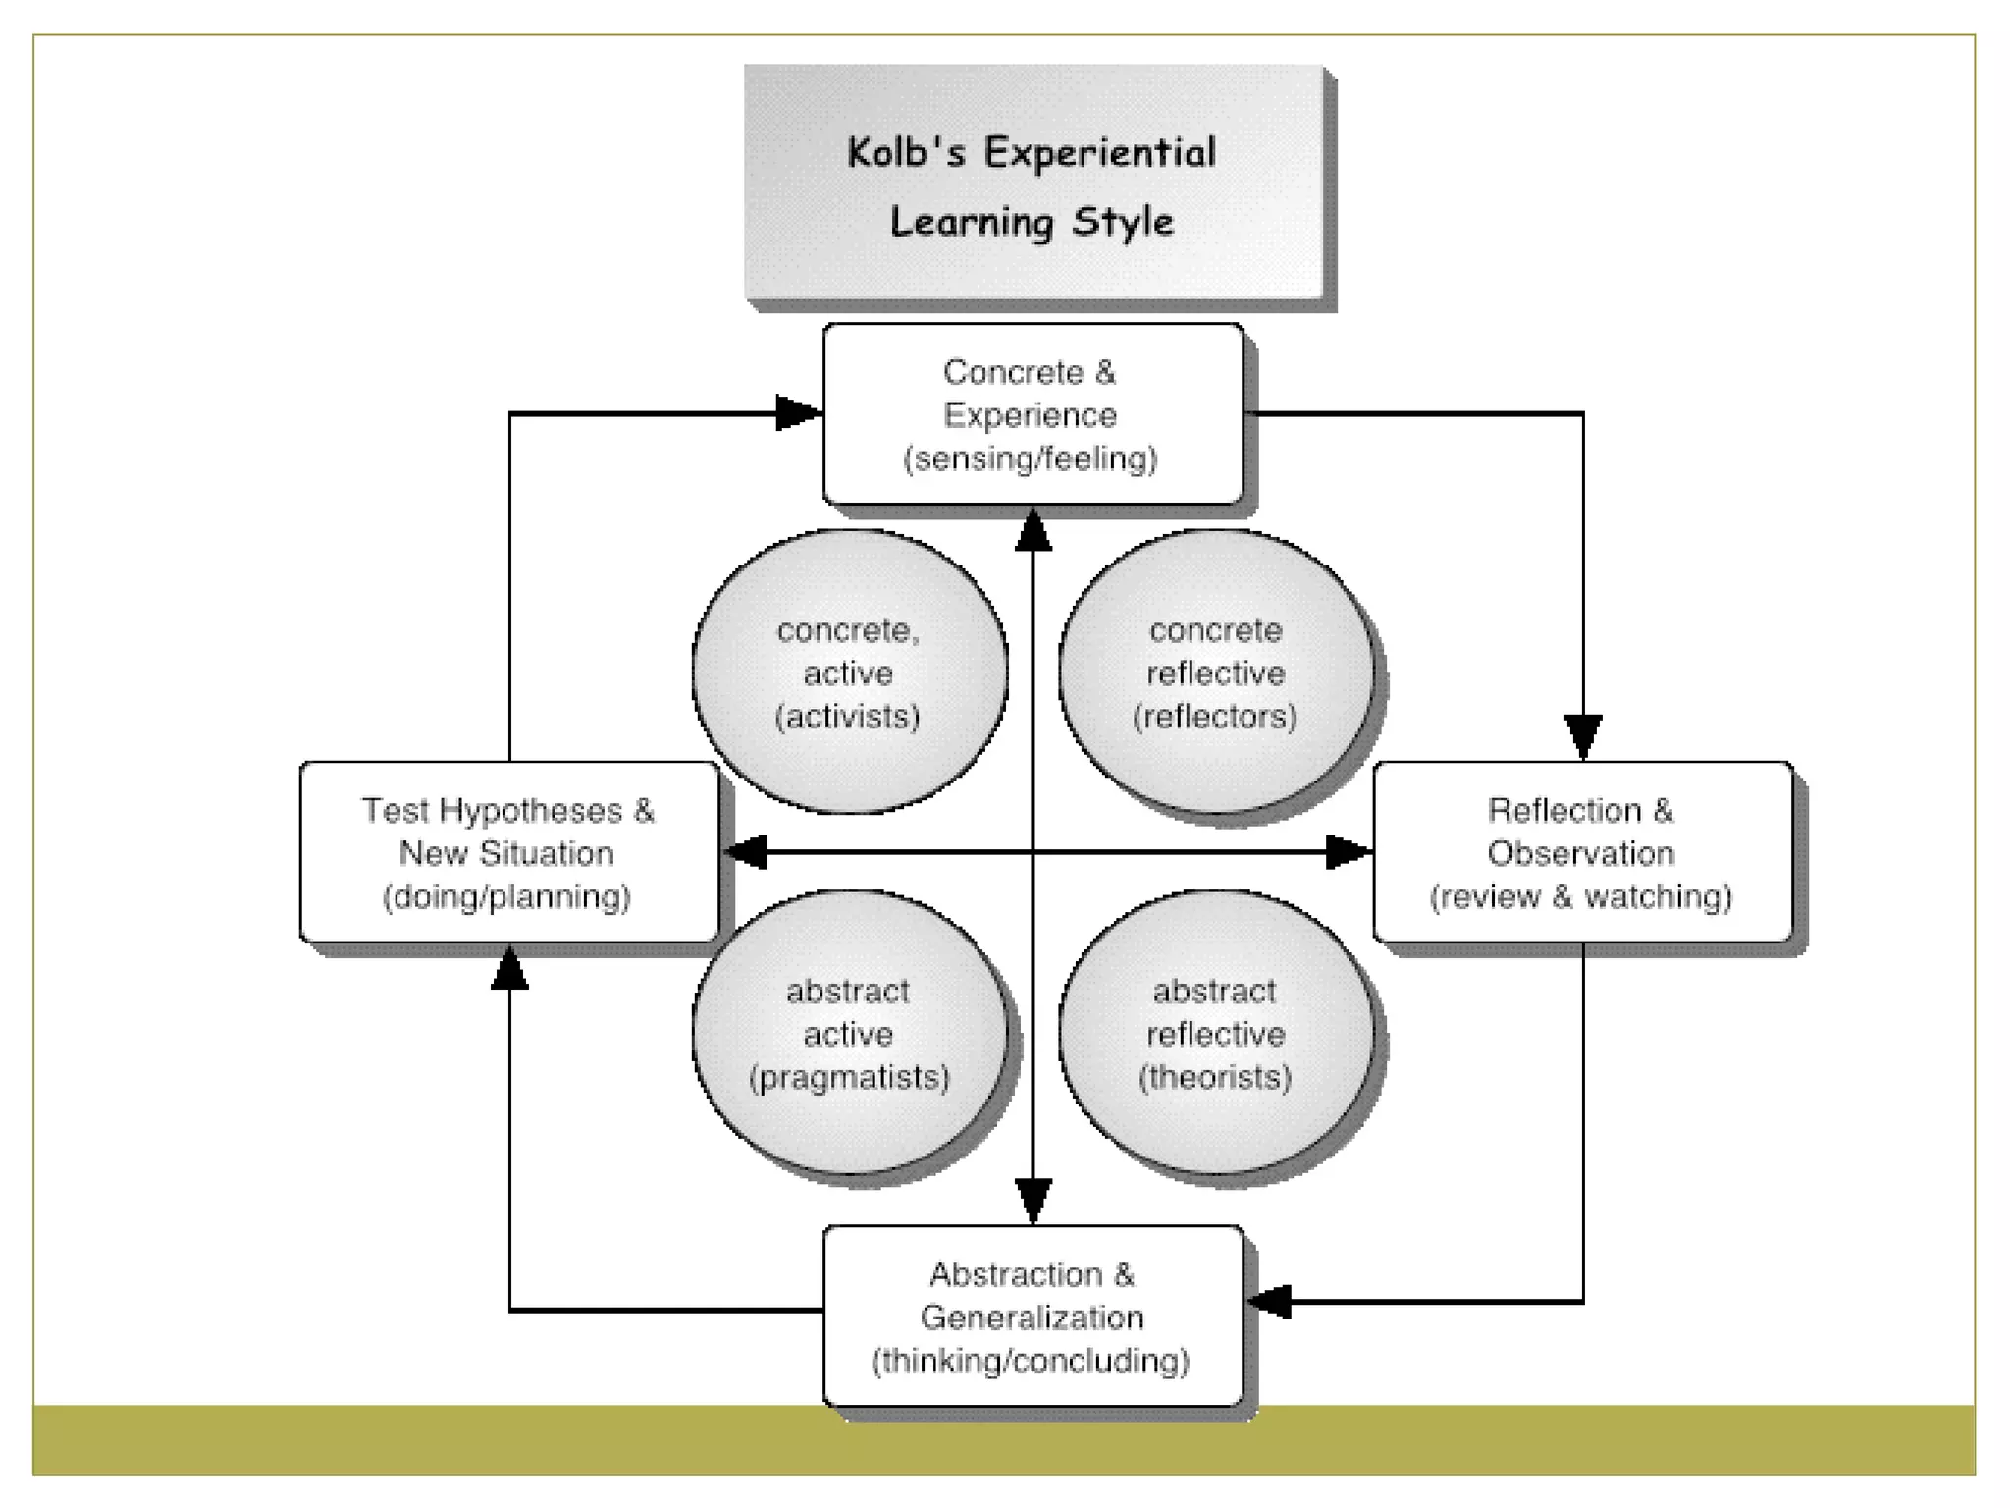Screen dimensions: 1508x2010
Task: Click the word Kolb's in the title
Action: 905,153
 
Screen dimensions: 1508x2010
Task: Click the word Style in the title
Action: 1122,222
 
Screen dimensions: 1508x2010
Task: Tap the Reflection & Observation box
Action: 1582,852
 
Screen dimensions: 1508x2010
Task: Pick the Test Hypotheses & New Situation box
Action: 508,852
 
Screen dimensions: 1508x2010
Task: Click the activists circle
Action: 849,673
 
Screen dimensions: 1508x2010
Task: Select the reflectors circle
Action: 1216,673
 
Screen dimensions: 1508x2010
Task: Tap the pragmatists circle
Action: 849,1033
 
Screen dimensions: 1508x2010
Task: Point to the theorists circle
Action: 1216,1033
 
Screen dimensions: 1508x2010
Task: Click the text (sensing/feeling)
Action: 1031,458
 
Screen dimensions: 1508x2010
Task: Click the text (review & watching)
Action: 1581,896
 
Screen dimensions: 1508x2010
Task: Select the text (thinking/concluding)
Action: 1031,1361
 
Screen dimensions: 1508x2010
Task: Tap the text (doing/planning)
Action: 506,896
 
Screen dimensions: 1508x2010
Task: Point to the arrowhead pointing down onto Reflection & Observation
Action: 1583,736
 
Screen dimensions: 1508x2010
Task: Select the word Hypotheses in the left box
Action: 531,810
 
